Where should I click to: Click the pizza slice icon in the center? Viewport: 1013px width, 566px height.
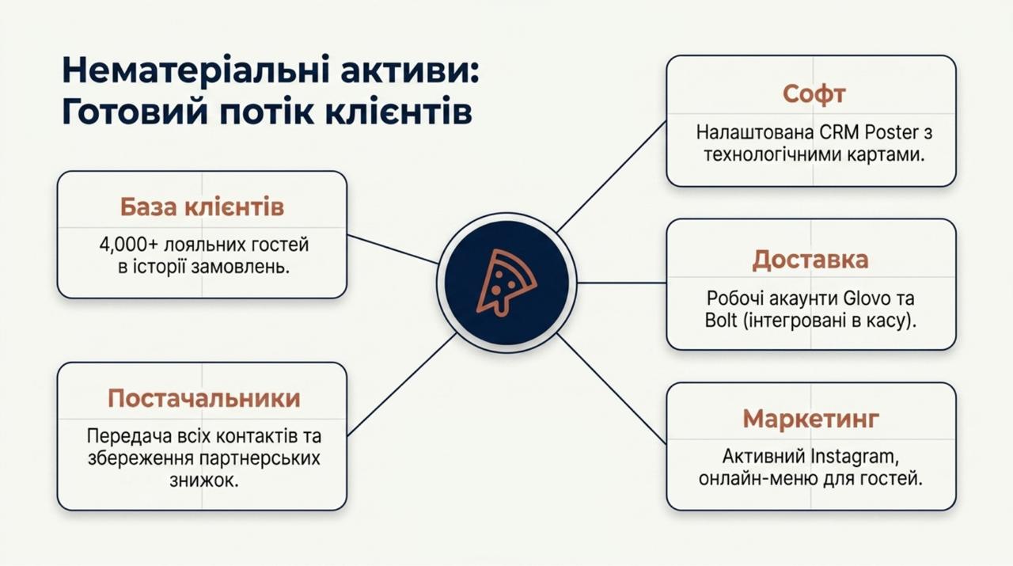click(x=506, y=283)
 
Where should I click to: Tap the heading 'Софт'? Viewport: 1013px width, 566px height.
click(x=814, y=94)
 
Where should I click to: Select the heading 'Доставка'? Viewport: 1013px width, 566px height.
click(x=810, y=260)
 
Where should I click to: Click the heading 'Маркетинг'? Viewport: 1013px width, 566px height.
click(x=811, y=419)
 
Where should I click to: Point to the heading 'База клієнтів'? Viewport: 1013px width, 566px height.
click(x=202, y=207)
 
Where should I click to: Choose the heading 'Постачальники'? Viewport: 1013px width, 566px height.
click(x=204, y=399)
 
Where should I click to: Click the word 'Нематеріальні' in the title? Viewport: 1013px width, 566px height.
click(x=195, y=70)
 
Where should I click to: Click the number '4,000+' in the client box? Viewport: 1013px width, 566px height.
click(x=129, y=245)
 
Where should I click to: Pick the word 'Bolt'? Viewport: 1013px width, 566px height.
click(x=721, y=321)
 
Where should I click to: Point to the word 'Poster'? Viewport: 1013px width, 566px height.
click(x=891, y=132)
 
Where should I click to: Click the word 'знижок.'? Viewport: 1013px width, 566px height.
click(x=204, y=481)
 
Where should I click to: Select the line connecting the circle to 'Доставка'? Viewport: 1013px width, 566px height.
click(x=621, y=283)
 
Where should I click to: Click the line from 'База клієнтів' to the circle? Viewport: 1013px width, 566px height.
click(x=393, y=249)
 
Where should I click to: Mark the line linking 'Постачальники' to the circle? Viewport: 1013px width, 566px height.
click(x=401, y=385)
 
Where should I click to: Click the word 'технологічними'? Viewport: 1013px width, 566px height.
click(x=772, y=155)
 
